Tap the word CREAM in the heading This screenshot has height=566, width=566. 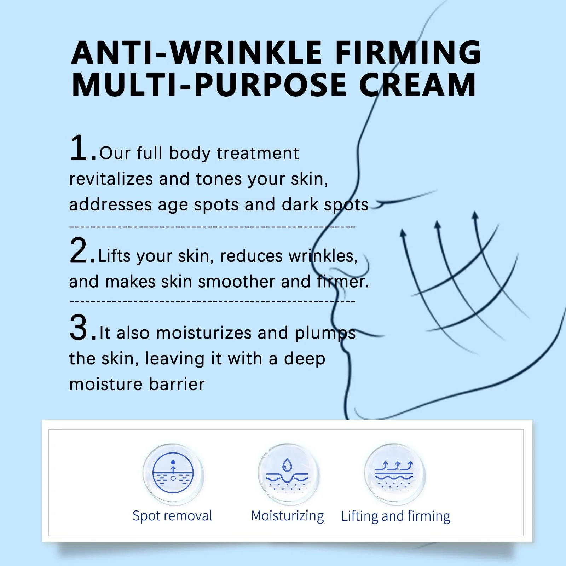[x=417, y=85]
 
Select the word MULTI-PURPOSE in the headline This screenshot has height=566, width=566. [x=209, y=85]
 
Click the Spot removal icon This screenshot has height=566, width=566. [x=173, y=474]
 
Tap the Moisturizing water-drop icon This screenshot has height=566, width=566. [x=288, y=474]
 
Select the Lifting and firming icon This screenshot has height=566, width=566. [x=394, y=474]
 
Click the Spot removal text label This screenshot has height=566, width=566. [x=172, y=516]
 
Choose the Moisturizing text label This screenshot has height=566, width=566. [x=287, y=516]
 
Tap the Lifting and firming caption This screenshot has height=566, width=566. [x=395, y=516]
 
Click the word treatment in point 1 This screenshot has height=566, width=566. [x=258, y=153]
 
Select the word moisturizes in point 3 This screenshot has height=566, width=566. [x=204, y=333]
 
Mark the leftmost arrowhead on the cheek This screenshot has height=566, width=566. [x=403, y=233]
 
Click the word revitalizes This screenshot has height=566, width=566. [x=111, y=179]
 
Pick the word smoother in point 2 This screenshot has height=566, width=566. [x=236, y=282]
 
